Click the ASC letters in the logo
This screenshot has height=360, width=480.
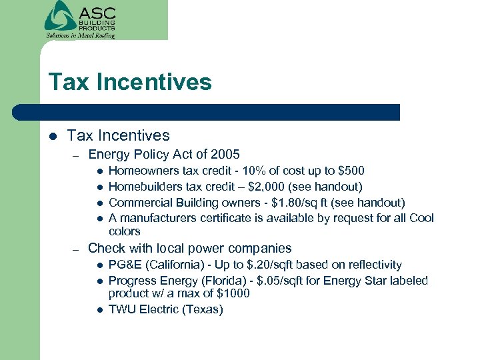click(97, 13)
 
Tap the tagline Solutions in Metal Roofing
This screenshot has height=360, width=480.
click(80, 35)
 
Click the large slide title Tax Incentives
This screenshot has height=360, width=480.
click(130, 83)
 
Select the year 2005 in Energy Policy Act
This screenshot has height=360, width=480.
click(225, 155)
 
